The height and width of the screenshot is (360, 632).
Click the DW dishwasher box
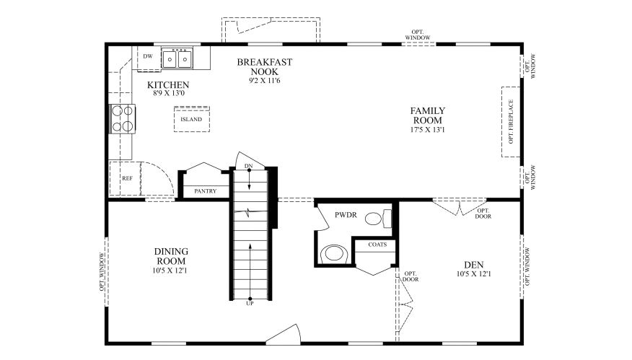[148, 57]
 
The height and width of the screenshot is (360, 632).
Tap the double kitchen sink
[177, 58]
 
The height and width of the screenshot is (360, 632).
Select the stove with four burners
[122, 118]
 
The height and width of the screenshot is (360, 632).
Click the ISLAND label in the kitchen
[191, 119]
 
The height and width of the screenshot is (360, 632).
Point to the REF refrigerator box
[127, 177]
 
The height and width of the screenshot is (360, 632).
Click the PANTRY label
[206, 191]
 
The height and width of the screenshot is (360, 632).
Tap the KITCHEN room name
[168, 85]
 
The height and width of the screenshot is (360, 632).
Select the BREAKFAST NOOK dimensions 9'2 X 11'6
[264, 81]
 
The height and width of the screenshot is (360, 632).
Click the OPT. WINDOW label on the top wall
[421, 35]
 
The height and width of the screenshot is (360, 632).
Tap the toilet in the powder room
[376, 217]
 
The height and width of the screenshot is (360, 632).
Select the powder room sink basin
[333, 253]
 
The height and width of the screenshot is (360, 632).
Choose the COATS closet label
[377, 245]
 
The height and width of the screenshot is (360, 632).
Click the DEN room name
[473, 264]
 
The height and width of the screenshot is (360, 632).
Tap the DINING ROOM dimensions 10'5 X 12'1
[171, 271]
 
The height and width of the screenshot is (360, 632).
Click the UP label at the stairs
[250, 303]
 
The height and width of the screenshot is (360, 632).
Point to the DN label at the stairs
[249, 167]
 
